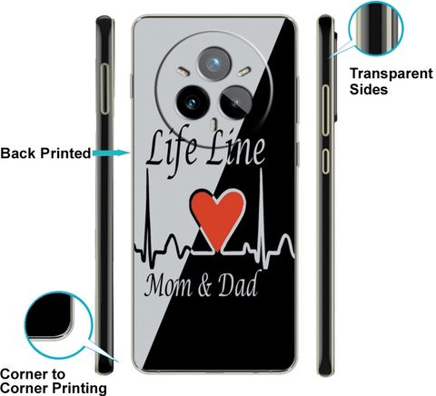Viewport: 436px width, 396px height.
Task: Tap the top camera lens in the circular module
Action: [x=214, y=64]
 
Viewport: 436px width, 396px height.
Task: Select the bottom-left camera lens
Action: [x=193, y=102]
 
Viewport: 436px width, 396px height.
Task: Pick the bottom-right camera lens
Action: [x=236, y=102]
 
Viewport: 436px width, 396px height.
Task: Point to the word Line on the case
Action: [x=235, y=149]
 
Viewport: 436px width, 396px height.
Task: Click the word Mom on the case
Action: [x=168, y=286]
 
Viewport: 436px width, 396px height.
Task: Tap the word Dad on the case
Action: [x=238, y=284]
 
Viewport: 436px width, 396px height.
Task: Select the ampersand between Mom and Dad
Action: [x=205, y=287]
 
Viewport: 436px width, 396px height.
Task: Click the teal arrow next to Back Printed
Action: [x=112, y=153]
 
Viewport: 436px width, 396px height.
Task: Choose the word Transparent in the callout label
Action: [x=391, y=74]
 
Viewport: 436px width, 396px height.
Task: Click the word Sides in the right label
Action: [x=369, y=90]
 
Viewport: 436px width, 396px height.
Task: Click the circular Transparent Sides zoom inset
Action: [x=376, y=28]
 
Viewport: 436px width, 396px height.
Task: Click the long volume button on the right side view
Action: [x=325, y=110]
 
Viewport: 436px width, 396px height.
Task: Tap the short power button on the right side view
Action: [x=325, y=161]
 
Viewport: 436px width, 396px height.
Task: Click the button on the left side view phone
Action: [x=104, y=89]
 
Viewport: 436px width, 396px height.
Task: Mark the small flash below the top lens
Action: [x=214, y=124]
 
